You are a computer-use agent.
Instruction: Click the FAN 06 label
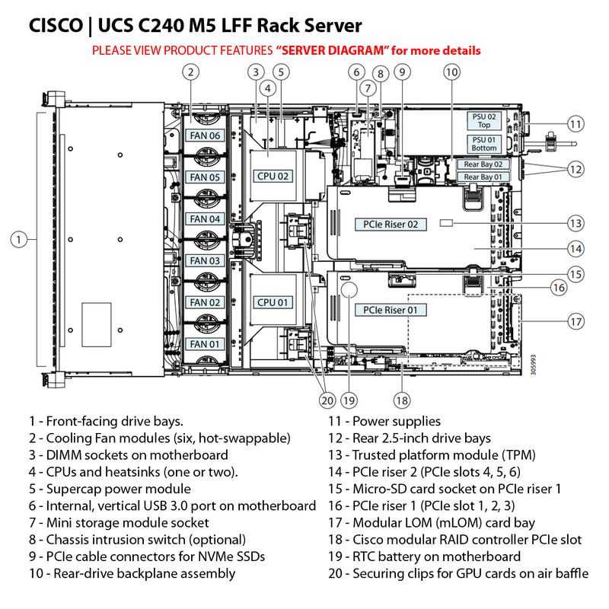(204, 136)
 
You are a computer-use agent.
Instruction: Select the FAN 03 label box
(204, 261)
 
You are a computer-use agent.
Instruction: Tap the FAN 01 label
(204, 344)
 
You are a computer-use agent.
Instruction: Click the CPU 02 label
(273, 176)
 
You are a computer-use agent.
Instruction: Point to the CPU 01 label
(273, 302)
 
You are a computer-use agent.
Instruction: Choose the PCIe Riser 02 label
(391, 225)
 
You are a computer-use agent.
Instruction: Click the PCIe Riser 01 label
(391, 310)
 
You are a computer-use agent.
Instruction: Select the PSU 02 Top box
(484, 120)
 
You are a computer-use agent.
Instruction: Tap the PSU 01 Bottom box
(484, 143)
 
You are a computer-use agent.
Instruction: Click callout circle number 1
(20, 240)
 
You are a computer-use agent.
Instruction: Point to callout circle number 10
(452, 72)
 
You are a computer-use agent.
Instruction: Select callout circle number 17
(576, 321)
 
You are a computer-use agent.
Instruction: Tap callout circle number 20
(327, 399)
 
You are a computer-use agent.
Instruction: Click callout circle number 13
(576, 223)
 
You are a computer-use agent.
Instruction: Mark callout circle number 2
(192, 72)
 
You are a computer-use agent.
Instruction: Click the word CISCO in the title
(56, 27)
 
